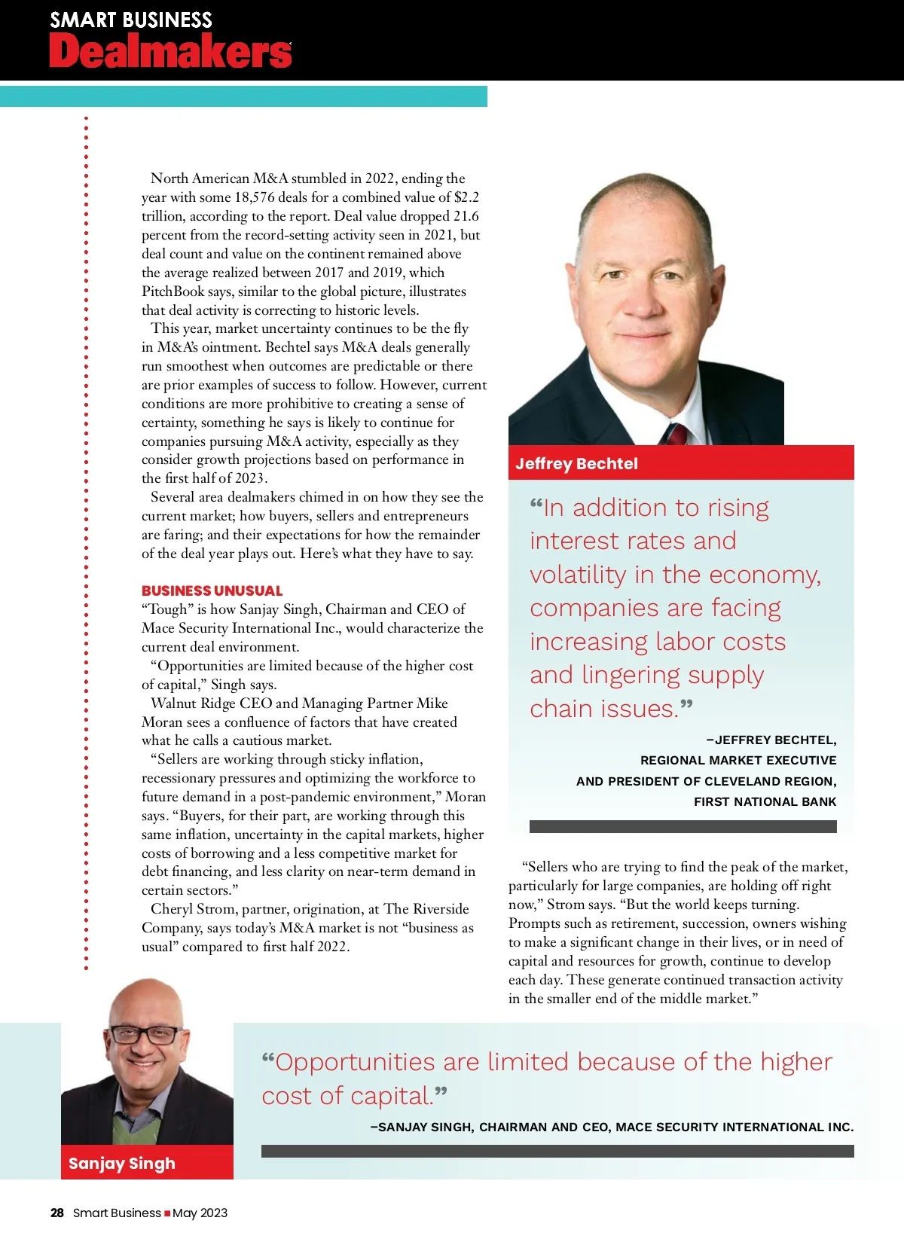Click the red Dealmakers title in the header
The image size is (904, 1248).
tap(170, 51)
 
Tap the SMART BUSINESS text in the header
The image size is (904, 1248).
tap(131, 20)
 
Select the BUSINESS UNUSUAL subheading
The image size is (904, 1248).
tap(212, 590)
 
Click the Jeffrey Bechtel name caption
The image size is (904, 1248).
tap(576, 463)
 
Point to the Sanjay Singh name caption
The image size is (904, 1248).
tap(121, 1163)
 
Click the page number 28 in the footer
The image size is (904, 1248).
tap(57, 1213)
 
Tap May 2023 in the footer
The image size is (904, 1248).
tap(200, 1213)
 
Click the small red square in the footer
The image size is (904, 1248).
tap(167, 1213)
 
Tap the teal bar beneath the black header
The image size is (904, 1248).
tap(243, 96)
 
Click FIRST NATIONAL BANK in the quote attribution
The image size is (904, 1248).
tap(765, 801)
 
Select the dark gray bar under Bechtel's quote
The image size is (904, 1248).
tap(683, 826)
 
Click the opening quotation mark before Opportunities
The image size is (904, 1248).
tap(267, 1060)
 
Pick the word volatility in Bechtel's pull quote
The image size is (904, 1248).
tap(578, 575)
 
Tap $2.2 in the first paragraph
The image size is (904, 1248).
tap(466, 197)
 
